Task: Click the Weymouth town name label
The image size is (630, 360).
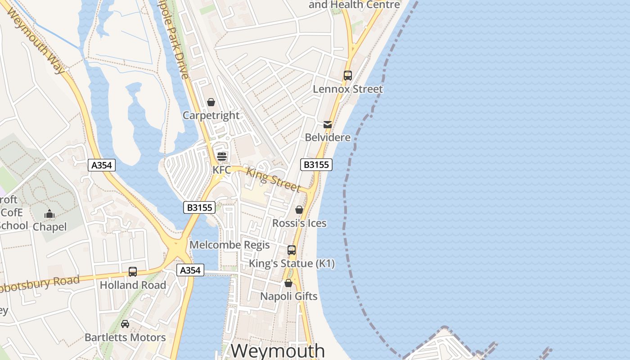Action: [x=278, y=351]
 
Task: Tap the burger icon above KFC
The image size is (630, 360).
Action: [x=222, y=157]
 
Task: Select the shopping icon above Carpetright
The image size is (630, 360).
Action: [x=211, y=103]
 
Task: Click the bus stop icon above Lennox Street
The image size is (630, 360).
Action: [x=348, y=76]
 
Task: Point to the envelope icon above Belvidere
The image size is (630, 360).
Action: [x=328, y=124]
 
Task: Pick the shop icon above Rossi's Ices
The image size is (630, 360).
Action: [x=299, y=210]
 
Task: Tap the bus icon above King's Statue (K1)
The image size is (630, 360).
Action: [x=292, y=250]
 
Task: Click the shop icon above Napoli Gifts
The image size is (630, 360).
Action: [x=288, y=283]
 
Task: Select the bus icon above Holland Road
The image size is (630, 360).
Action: [x=133, y=272]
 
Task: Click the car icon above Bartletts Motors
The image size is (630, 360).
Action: [x=125, y=324]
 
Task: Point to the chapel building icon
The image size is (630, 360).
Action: [x=49, y=214]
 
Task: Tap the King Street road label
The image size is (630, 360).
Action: [x=273, y=179]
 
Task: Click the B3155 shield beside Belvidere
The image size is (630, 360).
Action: [x=316, y=165]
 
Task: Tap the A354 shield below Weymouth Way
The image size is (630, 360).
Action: [x=102, y=165]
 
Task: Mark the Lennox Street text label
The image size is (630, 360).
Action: [x=348, y=89]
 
